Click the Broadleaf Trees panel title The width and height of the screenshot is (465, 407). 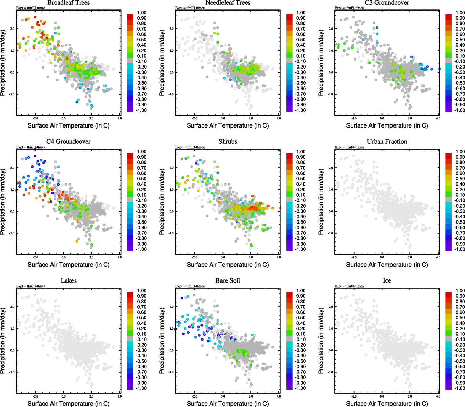(x=68, y=3)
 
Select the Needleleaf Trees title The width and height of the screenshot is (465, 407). (x=228, y=3)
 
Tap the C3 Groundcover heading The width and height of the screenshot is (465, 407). (x=387, y=3)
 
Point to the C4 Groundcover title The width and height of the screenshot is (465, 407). (x=68, y=142)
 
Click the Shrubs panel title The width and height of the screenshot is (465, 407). (x=228, y=142)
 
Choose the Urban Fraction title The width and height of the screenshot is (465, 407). (x=387, y=142)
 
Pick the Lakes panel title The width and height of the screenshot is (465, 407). (x=68, y=281)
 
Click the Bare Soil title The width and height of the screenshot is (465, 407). (x=228, y=281)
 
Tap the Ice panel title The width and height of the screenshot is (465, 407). (x=387, y=281)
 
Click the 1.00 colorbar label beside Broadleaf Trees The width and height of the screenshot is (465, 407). (x=142, y=13)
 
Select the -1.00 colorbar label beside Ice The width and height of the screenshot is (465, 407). (x=460, y=388)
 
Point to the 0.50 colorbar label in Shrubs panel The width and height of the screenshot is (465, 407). (x=301, y=179)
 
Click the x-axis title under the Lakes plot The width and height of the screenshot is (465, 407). (x=68, y=404)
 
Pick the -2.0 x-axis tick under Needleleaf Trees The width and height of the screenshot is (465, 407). (x=194, y=118)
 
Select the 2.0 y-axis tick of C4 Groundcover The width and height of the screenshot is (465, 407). (x=12, y=168)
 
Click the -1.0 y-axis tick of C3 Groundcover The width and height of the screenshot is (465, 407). (x=330, y=94)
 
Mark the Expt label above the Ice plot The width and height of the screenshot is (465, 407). (x=349, y=286)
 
